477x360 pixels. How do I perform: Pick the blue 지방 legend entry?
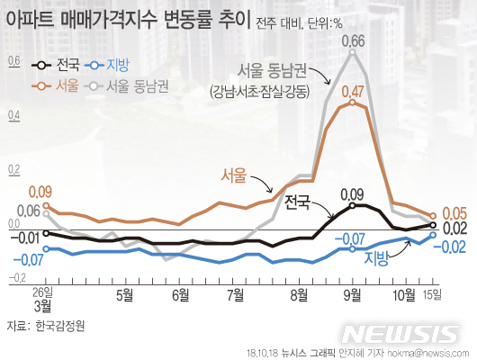coord(105,66)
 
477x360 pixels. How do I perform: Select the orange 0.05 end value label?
coord(454,213)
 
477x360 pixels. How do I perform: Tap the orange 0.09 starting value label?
coord(40,191)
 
